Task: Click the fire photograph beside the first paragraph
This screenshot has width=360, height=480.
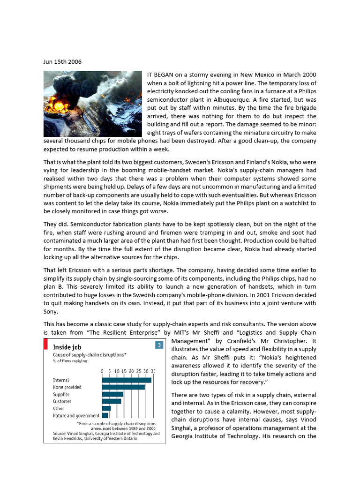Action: click(x=92, y=104)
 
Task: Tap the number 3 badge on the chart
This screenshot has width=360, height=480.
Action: click(x=159, y=346)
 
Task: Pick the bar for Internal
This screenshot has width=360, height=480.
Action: click(x=127, y=380)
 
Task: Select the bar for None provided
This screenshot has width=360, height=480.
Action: click(x=123, y=387)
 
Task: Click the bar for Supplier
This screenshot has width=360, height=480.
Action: click(x=112, y=394)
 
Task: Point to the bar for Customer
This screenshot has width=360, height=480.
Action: click(x=112, y=401)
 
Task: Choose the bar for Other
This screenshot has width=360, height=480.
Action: click(x=106, y=408)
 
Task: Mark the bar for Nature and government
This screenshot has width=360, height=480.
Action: click(x=105, y=415)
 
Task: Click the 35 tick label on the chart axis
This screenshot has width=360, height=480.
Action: click(x=153, y=371)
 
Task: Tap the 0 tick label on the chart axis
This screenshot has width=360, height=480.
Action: click(x=102, y=371)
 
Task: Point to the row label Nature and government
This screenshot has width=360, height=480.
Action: click(x=76, y=416)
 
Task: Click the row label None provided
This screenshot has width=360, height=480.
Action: click(x=67, y=387)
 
